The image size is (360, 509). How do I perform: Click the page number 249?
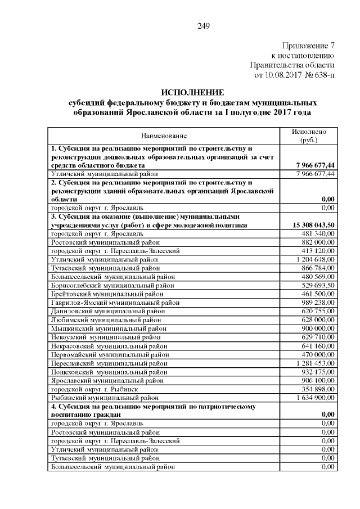pos(204,25)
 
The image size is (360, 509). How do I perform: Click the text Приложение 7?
pos(308,46)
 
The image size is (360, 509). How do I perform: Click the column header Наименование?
pos(164,136)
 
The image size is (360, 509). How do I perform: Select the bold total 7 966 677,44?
pos(314,165)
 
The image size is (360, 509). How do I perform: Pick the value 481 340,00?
pos(318,233)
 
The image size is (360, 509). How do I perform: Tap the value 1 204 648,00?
pos(314,259)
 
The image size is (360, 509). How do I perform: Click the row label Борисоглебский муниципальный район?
pos(112,285)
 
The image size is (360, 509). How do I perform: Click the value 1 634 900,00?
pos(314,398)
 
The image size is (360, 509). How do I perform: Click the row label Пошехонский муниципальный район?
pos(109,372)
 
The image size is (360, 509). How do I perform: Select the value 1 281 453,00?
pos(314,363)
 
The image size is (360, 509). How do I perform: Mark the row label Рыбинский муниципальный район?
pos(105,398)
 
